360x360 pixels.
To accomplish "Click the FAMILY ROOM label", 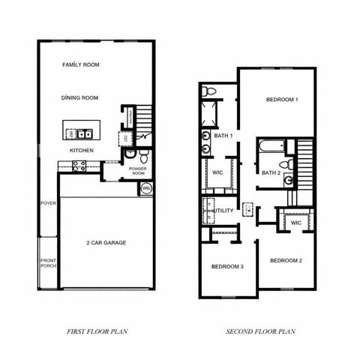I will tap(81, 65).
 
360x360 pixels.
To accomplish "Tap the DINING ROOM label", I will tap(81, 97).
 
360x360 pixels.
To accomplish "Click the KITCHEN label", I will tap(82, 150).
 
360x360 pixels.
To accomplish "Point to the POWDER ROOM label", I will tap(137, 171).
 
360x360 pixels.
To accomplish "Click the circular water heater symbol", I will tap(146, 187).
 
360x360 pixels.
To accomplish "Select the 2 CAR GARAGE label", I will tap(106, 244).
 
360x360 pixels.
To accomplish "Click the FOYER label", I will tap(48, 202).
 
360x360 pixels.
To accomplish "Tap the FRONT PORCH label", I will tap(48, 263).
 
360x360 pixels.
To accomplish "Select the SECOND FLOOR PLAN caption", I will tap(261, 331).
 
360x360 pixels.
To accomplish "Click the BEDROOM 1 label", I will tap(282, 100).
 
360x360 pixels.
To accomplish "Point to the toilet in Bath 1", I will tap(211, 91).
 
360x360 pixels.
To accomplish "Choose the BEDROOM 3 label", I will tap(226, 267).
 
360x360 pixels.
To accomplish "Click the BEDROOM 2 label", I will tap(286, 260).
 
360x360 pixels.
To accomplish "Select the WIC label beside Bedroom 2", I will tap(295, 223).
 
